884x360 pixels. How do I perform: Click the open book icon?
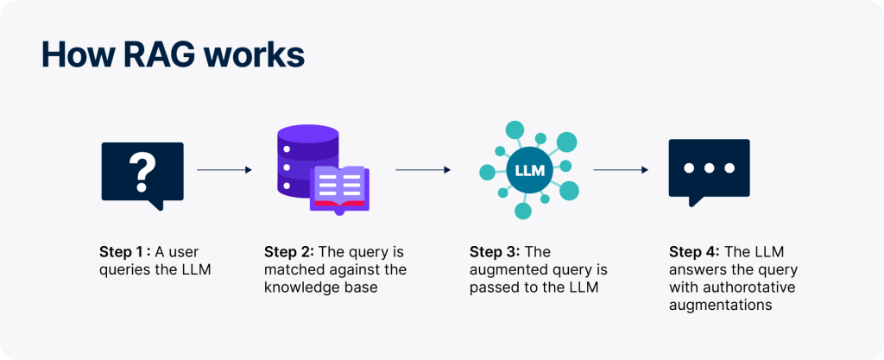click(x=339, y=186)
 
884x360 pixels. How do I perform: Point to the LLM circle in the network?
click(x=529, y=170)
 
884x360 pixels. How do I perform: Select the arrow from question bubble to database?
click(x=224, y=170)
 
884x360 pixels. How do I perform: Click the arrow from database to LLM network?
click(x=423, y=170)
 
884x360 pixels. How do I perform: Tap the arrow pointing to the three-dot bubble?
click(x=621, y=170)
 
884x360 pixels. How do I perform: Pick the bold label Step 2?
click(x=289, y=252)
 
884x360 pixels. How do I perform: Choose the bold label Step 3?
click(x=495, y=252)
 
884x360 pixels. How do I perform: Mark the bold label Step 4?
click(x=694, y=252)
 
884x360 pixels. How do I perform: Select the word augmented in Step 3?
click(x=506, y=270)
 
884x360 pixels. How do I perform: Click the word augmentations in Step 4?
click(x=720, y=305)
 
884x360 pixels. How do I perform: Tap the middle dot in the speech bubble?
click(x=709, y=167)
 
